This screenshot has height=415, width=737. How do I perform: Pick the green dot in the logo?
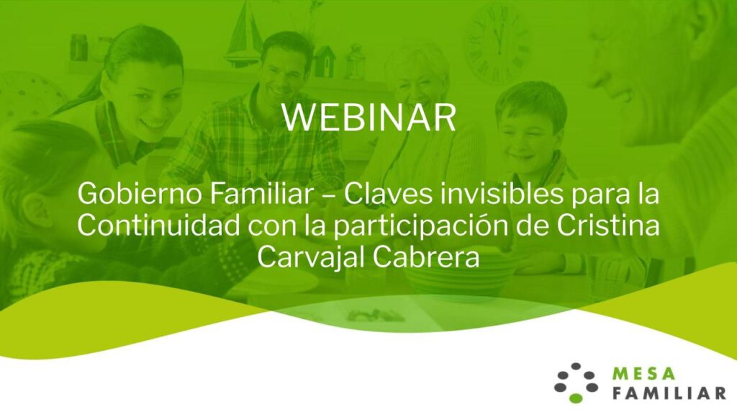click(576, 398)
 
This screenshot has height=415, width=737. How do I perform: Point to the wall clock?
click(499, 45)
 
